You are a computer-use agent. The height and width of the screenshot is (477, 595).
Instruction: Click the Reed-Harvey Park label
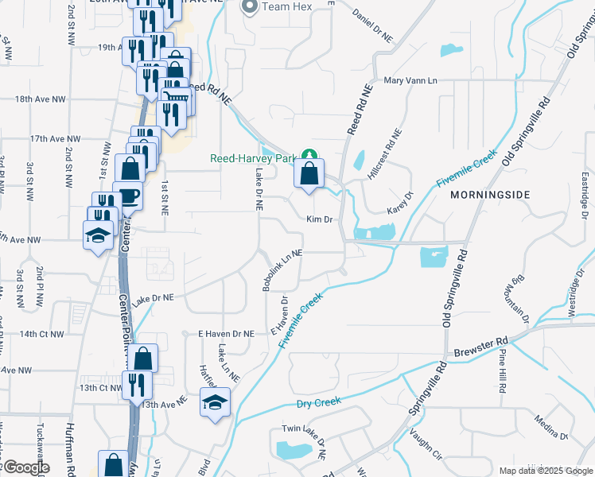pos(252,158)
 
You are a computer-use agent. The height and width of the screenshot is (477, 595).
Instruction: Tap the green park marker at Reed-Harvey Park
pos(313,157)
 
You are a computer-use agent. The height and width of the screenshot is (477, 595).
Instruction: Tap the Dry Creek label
pos(318,403)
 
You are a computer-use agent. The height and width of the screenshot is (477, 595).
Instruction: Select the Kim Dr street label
pos(318,219)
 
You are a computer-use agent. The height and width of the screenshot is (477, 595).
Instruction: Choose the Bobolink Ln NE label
pos(282,266)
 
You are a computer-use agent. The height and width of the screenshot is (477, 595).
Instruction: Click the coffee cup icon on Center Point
pos(127,196)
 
